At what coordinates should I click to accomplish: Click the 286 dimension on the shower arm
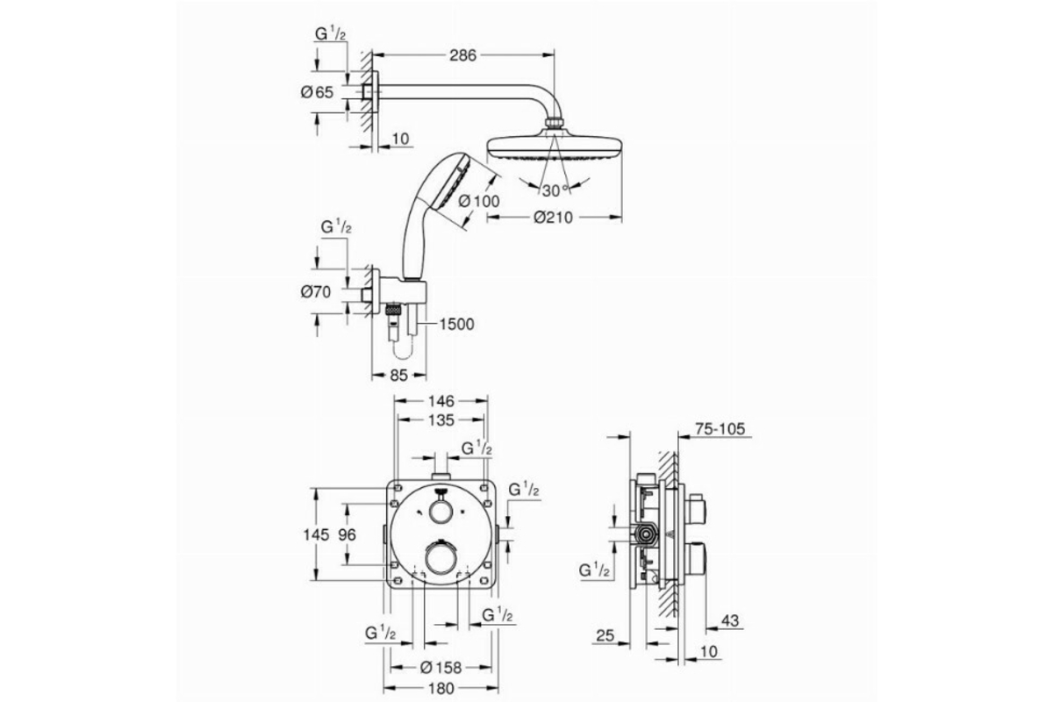tap(462, 55)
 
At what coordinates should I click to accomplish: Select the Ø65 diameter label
tap(317, 92)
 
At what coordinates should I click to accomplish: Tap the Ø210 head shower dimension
tap(554, 218)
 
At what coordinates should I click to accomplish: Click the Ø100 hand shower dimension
tap(479, 201)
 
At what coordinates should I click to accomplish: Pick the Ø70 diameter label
tap(316, 292)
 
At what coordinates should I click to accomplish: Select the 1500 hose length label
tap(456, 324)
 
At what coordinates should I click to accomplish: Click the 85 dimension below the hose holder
tap(398, 376)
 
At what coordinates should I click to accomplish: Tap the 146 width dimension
tap(441, 401)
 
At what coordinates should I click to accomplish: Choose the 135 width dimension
tap(441, 419)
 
